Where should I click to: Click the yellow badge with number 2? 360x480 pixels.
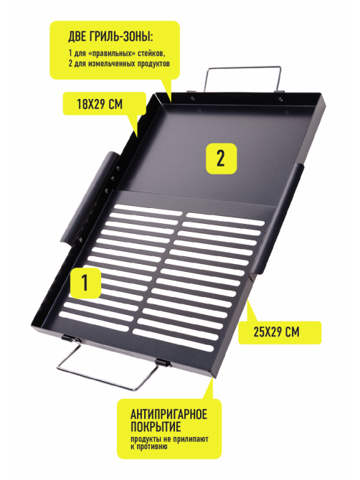pos(221,159)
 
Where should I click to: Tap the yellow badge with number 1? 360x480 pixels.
pos(85,283)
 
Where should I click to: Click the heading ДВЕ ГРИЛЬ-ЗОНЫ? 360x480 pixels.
pos(110,37)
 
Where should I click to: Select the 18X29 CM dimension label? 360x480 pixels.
pos(100,104)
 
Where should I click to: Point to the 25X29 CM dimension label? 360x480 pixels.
pos(276,332)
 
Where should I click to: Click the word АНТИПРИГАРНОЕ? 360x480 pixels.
pos(169,414)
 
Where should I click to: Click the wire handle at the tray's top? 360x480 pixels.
pos(242,78)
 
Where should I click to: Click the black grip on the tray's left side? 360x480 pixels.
pos(88,198)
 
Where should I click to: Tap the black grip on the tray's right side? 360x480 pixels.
pos(278,218)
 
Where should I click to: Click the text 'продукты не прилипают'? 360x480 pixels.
pos(169,439)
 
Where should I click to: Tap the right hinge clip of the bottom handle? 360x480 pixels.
pos(164,363)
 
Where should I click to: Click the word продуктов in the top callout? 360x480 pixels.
pos(153,64)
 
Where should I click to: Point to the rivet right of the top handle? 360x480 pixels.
pos(280,98)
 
